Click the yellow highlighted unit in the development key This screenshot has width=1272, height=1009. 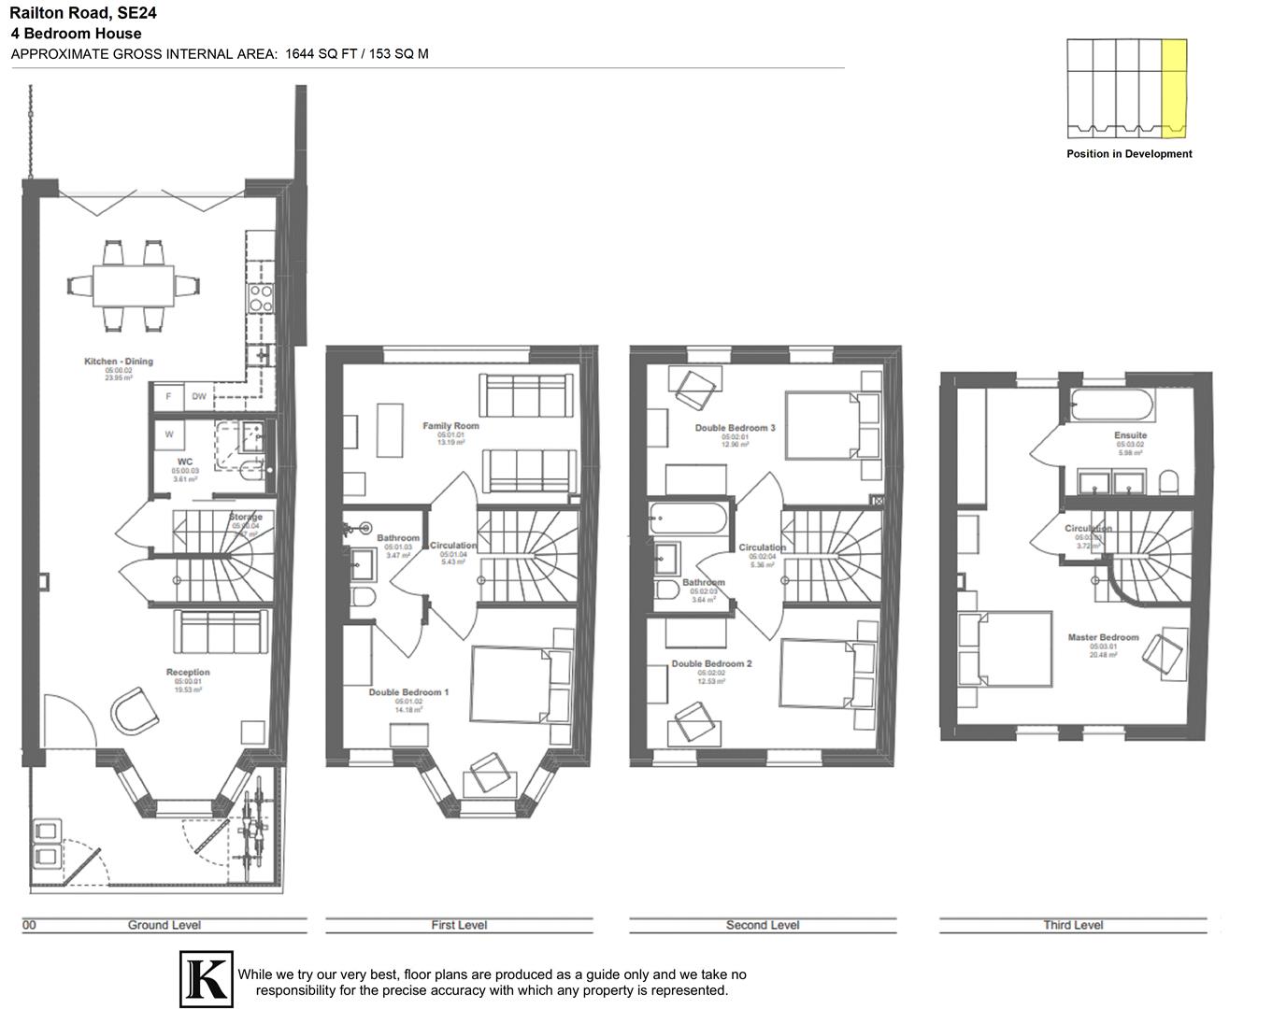[x=1174, y=88]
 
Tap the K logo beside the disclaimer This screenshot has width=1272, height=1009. [x=206, y=979]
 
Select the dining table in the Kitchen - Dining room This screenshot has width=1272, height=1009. [x=133, y=285]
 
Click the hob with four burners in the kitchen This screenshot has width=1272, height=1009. [x=260, y=297]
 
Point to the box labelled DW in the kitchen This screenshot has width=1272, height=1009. [x=199, y=396]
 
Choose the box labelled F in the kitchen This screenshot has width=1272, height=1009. [x=169, y=396]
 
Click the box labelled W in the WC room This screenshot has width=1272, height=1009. [x=169, y=434]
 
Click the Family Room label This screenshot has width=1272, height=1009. [x=450, y=426]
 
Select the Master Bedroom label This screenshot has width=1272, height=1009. [x=1103, y=637]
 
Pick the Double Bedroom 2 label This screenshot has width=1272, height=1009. [x=711, y=664]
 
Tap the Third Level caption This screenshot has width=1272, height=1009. [x=1073, y=925]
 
